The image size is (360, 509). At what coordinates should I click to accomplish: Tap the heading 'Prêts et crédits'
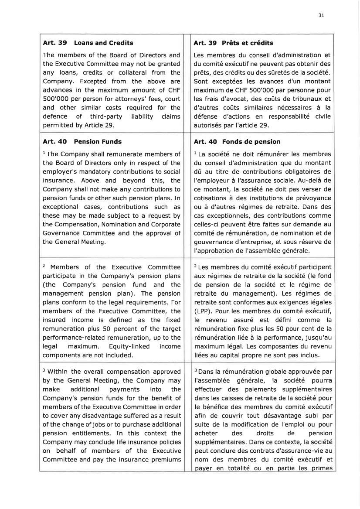click(248, 43)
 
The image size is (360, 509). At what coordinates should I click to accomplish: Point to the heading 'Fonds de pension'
click(251, 142)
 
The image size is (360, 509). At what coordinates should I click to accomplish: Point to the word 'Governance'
click(61, 233)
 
